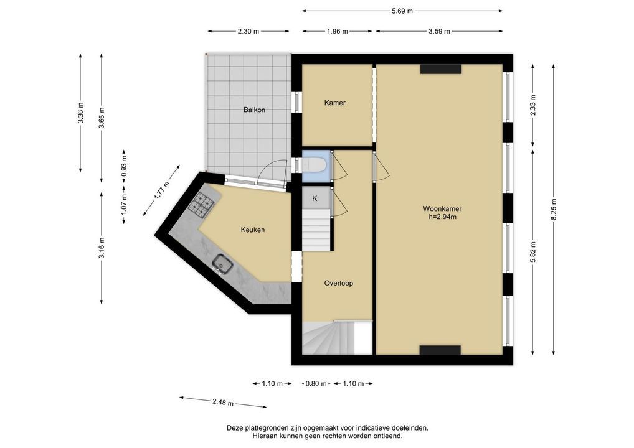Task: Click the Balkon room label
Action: click(254, 110)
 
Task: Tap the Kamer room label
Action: click(335, 103)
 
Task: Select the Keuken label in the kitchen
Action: click(253, 230)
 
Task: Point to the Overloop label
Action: click(338, 283)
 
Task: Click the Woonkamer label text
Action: click(442, 209)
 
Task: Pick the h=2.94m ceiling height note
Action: click(442, 217)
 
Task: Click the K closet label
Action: click(315, 198)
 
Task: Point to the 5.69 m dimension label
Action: click(402, 11)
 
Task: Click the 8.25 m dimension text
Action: click(554, 210)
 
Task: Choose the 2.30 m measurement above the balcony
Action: click(248, 31)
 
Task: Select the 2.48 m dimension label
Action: click(223, 402)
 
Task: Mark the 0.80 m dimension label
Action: click(316, 383)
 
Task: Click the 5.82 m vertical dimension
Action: click(533, 252)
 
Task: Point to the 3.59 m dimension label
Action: click(439, 31)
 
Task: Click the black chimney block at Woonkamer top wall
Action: click(441, 69)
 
